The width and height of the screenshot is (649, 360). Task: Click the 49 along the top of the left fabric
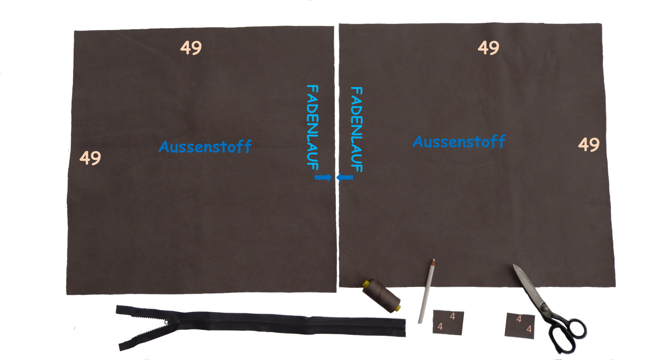pyautogui.click(x=191, y=48)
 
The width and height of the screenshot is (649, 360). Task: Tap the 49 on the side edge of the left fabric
pyautogui.click(x=90, y=158)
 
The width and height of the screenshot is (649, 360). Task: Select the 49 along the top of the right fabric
pyautogui.click(x=488, y=48)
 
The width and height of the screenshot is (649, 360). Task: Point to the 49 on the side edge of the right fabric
pyautogui.click(x=588, y=145)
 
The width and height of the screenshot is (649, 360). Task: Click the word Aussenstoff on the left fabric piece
pyautogui.click(x=205, y=147)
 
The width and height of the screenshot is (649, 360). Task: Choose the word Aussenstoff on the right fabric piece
pyautogui.click(x=459, y=142)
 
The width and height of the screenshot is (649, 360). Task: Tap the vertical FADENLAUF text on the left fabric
pyautogui.click(x=313, y=127)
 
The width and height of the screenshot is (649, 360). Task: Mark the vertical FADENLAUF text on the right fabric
pyautogui.click(x=356, y=129)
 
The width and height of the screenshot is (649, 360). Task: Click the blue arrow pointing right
pyautogui.click(x=323, y=177)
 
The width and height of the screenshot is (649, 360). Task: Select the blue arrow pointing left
pyautogui.click(x=345, y=177)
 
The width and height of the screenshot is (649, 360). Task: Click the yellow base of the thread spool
pyautogui.click(x=397, y=308)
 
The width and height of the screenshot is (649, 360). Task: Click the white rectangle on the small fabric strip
pyautogui.click(x=484, y=324)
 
